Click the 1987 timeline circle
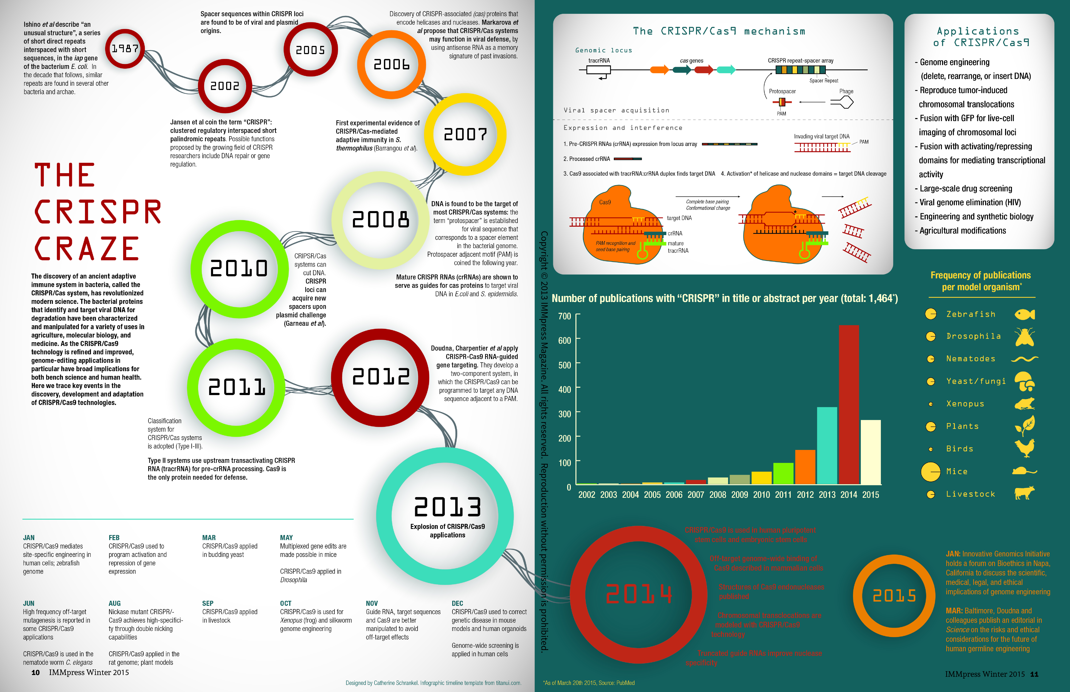pyautogui.click(x=125, y=48)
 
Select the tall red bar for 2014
pyautogui.click(x=849, y=404)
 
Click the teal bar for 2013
pyautogui.click(x=827, y=445)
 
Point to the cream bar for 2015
pyautogui.click(x=870, y=452)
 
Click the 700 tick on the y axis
pyautogui.click(x=565, y=316)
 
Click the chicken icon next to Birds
pyautogui.click(x=1025, y=448)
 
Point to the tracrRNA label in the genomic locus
pyautogui.click(x=599, y=61)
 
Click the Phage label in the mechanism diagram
pyautogui.click(x=846, y=91)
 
